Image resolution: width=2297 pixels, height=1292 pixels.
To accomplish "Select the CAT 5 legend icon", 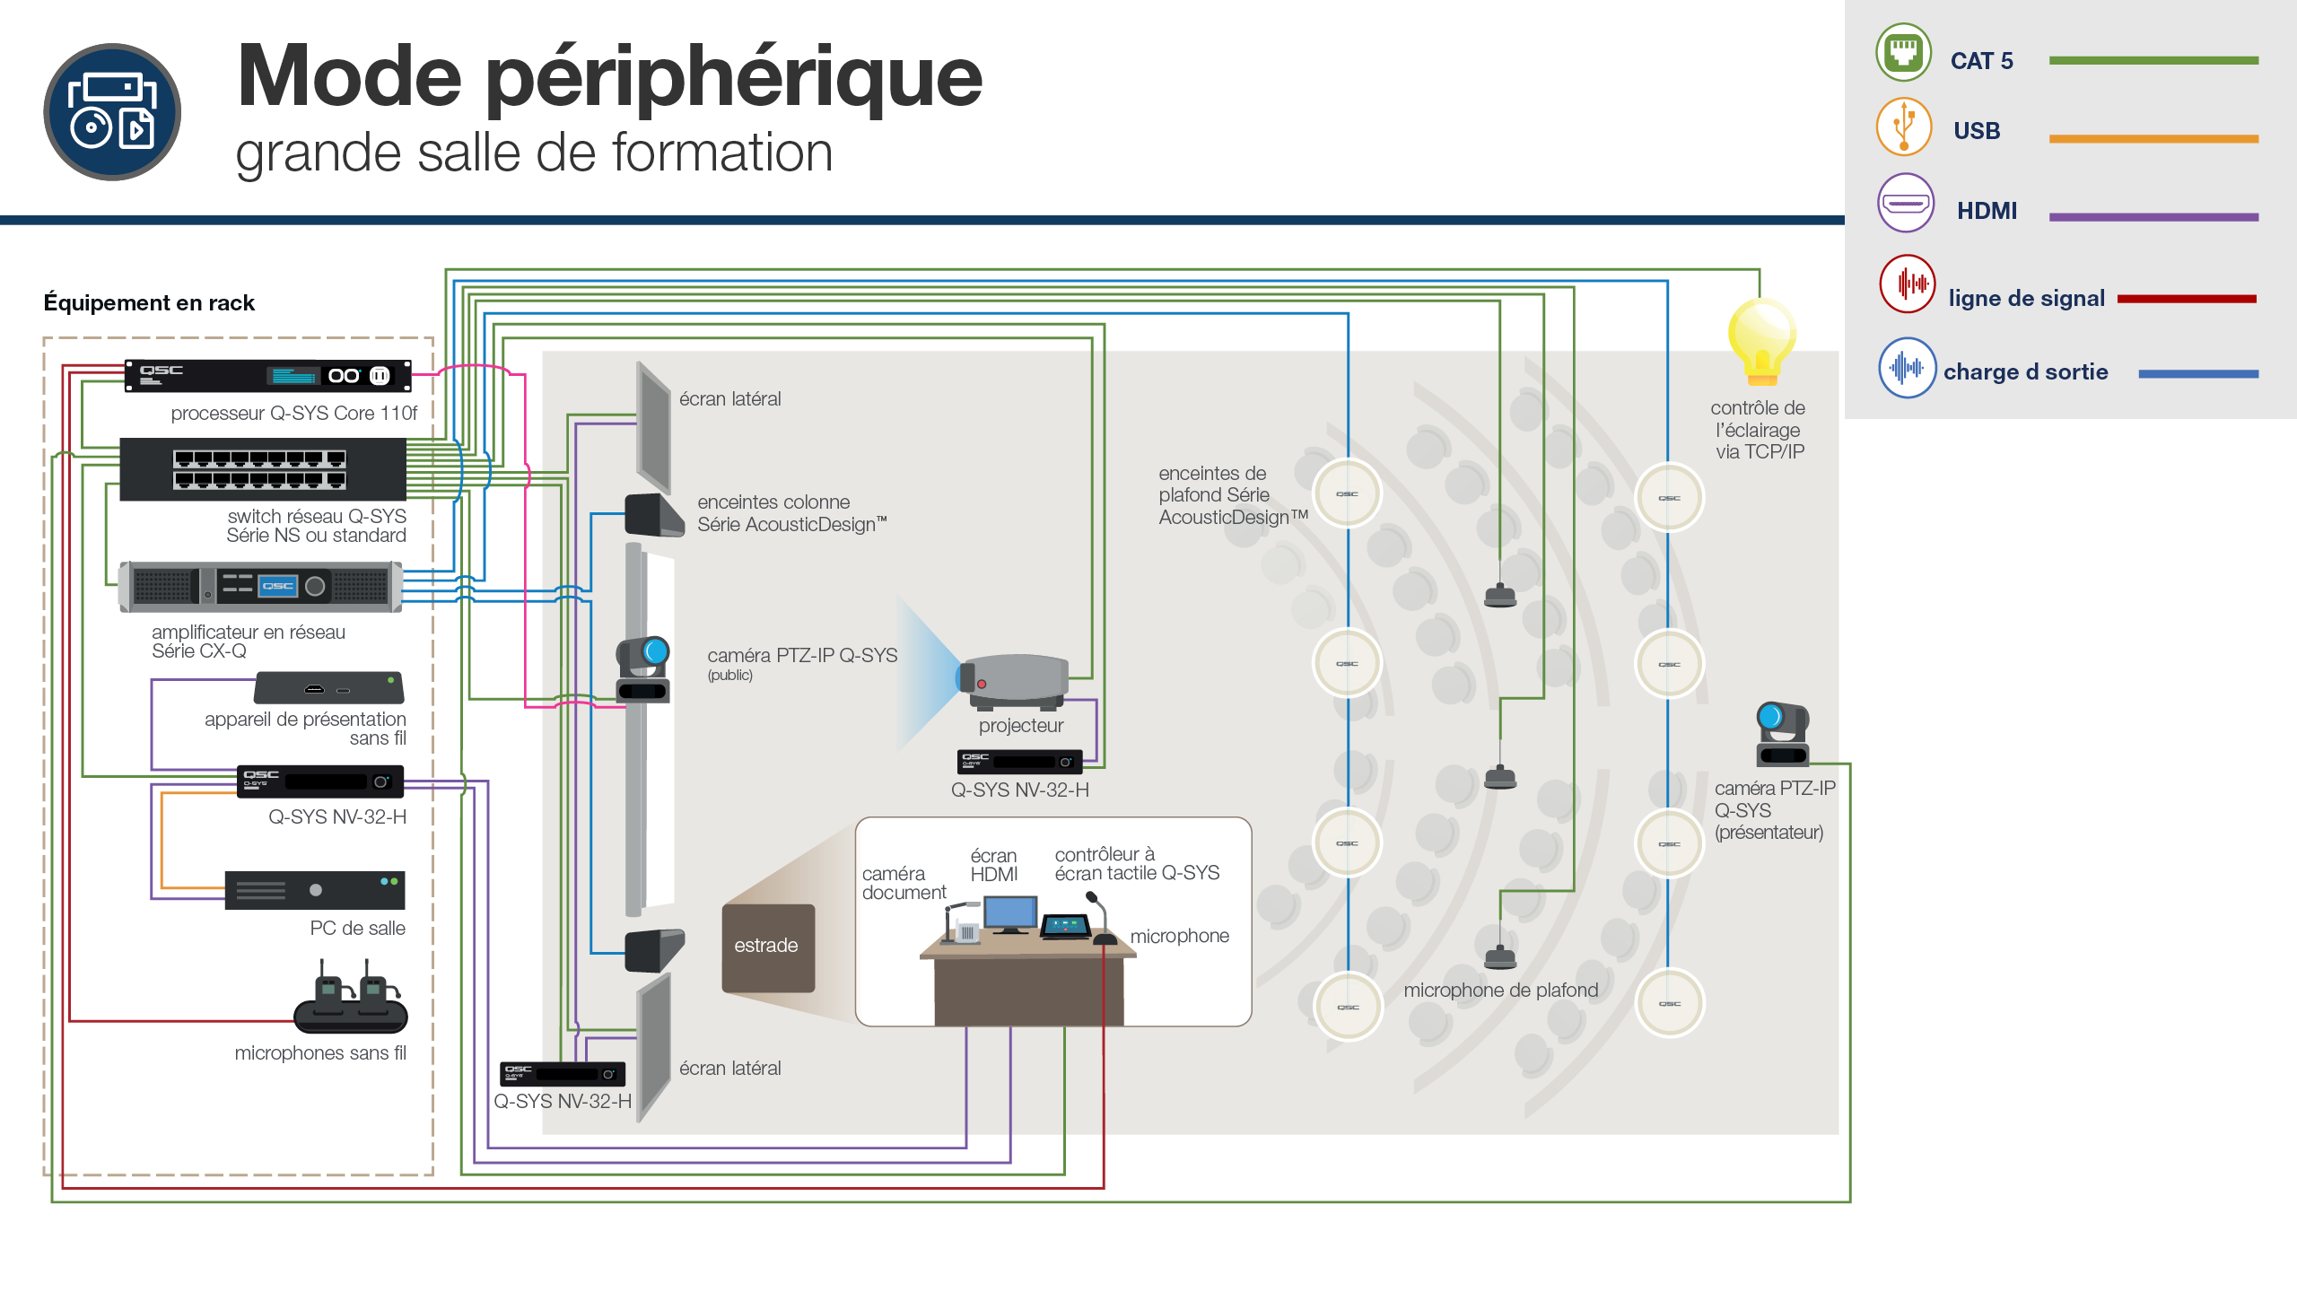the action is pyautogui.click(x=1903, y=52).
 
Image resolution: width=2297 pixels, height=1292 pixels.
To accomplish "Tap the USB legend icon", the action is pyautogui.click(x=1903, y=127).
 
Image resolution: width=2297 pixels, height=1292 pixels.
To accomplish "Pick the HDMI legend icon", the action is pyautogui.click(x=1906, y=203).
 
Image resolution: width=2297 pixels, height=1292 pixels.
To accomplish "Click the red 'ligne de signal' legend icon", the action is pyautogui.click(x=1908, y=284).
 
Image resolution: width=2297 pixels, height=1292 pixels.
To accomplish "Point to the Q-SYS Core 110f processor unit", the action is pyautogui.click(x=267, y=376).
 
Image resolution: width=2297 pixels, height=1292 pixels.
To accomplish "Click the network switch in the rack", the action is pyautogui.click(x=263, y=469).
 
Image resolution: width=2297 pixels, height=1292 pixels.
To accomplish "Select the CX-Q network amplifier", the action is pyautogui.click(x=261, y=587).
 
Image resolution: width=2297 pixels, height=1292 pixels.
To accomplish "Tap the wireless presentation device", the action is pyautogui.click(x=329, y=688).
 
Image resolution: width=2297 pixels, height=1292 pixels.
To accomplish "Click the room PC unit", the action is pyautogui.click(x=315, y=890).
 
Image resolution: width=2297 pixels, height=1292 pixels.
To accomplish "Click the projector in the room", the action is pyautogui.click(x=1013, y=681).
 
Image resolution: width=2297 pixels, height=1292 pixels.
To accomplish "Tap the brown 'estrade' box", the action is pyautogui.click(x=768, y=947).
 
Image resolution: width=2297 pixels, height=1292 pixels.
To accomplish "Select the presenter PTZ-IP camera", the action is pyautogui.click(x=1782, y=734).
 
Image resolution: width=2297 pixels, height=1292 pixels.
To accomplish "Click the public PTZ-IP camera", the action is pyautogui.click(x=643, y=669).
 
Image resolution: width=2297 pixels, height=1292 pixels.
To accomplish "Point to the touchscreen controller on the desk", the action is pyautogui.click(x=1065, y=926).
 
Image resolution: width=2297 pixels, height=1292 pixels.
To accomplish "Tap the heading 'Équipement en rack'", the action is pyautogui.click(x=149, y=303).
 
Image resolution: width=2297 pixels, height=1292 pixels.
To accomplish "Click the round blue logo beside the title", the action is pyautogui.click(x=112, y=112).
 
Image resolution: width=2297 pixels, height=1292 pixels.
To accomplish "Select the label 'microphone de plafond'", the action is pyautogui.click(x=1501, y=991).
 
